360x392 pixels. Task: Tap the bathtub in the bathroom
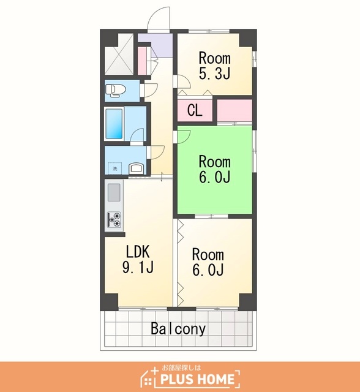click(114, 124)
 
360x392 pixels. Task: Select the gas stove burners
click(114, 219)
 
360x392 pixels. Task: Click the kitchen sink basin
click(114, 192)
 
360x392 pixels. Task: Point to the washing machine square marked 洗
click(114, 168)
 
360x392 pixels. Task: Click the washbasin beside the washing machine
click(137, 168)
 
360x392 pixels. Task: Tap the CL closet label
click(195, 110)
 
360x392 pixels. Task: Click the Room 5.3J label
click(214, 66)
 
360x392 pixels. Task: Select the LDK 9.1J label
click(138, 259)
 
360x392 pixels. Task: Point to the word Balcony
click(178, 329)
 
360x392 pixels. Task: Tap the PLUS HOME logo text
click(197, 379)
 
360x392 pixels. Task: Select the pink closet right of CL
click(234, 110)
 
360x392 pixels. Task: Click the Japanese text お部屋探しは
click(181, 367)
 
